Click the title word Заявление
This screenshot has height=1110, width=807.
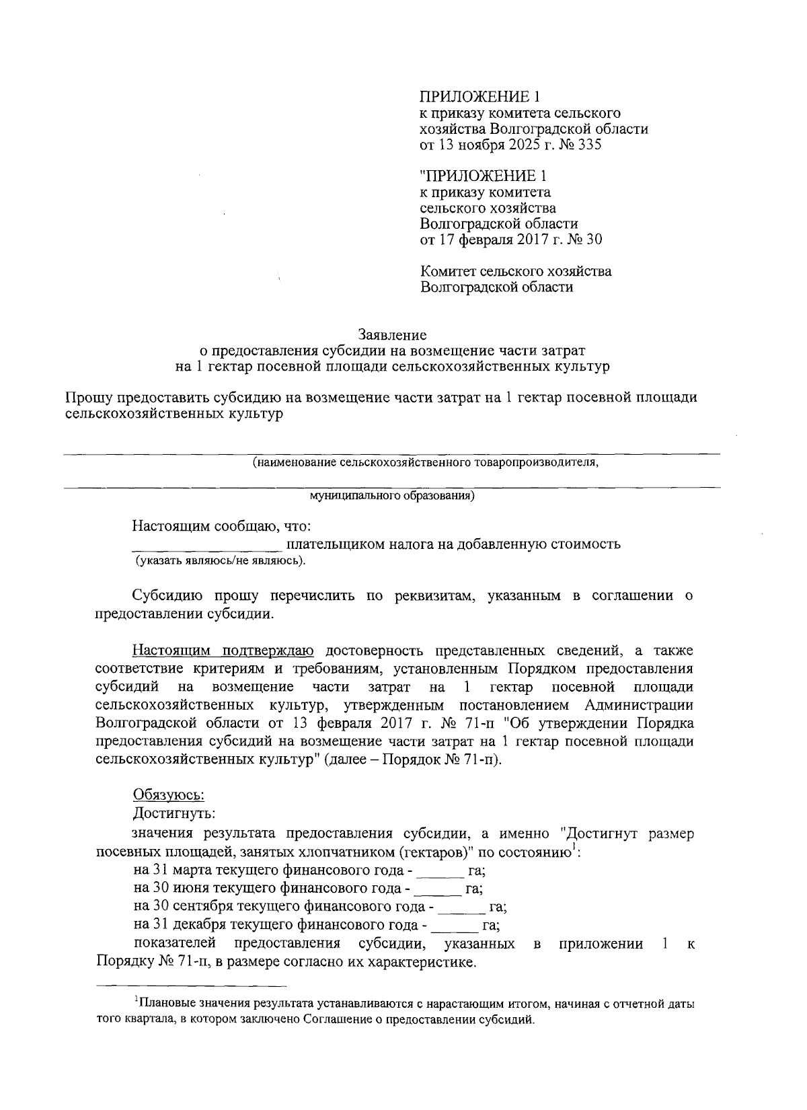pos(392,334)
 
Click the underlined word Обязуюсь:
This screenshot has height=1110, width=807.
pos(168,794)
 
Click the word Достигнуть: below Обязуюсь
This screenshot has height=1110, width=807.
pos(174,813)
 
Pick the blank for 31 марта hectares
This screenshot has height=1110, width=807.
pos(440,871)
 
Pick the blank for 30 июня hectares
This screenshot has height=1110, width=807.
pos(438,889)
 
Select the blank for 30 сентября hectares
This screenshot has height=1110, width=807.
pos(461,907)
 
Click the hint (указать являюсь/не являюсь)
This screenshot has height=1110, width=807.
pos(219,561)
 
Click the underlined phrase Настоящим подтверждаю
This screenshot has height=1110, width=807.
pos(223,651)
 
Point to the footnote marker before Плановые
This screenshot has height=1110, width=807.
pos(136,1001)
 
